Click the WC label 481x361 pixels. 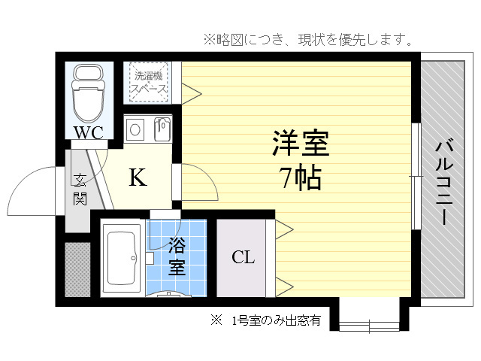click(89, 132)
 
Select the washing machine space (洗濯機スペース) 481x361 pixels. click(149, 82)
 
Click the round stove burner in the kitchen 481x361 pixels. click(135, 129)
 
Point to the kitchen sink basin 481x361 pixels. click(162, 129)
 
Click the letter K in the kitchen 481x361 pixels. click(138, 177)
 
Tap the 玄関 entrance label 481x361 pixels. click(80, 190)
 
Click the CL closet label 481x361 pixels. click(244, 257)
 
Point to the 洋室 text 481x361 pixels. click(301, 143)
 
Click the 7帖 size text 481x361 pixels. click(301, 178)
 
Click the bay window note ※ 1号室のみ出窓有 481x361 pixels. click(265, 321)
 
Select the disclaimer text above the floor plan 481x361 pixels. click(308, 40)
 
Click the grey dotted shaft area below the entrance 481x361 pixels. click(77, 269)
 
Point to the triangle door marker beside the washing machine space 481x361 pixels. click(192, 93)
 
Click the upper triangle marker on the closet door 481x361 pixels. click(284, 229)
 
